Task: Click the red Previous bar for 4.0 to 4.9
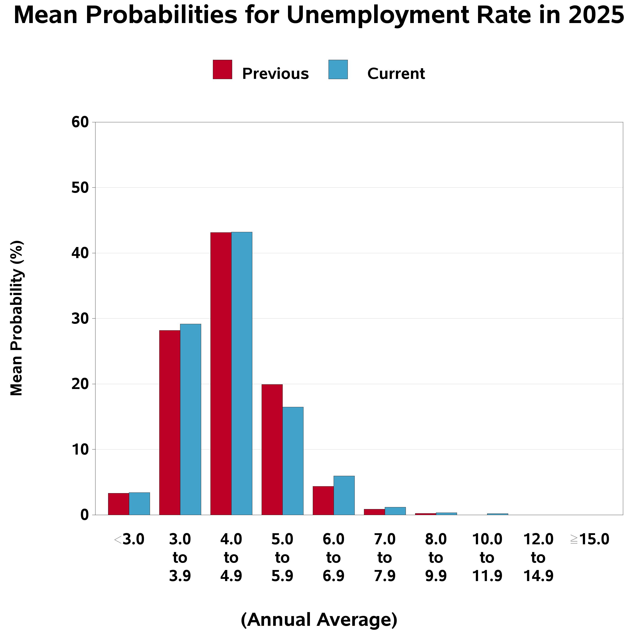(x=221, y=373)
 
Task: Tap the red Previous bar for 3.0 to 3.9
(x=170, y=422)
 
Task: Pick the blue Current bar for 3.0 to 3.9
(x=191, y=419)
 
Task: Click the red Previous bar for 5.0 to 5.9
(x=272, y=449)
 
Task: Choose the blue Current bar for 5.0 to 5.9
(x=293, y=461)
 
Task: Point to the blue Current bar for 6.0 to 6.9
(x=344, y=495)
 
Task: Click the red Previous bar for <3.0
(x=119, y=504)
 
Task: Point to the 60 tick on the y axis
(x=80, y=122)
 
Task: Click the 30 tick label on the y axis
(x=80, y=319)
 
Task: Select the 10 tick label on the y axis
(x=80, y=449)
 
